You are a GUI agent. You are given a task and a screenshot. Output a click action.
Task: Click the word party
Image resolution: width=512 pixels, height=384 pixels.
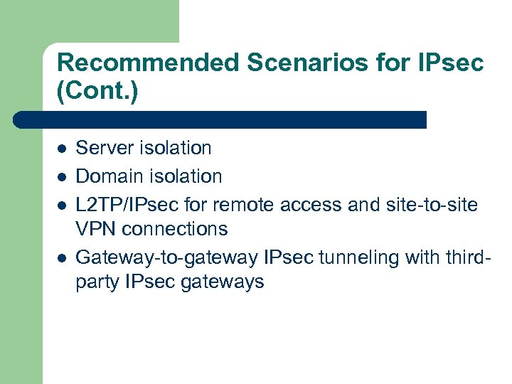[x=97, y=282]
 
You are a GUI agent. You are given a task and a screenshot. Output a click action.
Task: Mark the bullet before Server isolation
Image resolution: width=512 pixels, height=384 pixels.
[x=62, y=149]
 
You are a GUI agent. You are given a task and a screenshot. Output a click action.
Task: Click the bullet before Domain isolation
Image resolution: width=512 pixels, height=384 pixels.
[x=62, y=176]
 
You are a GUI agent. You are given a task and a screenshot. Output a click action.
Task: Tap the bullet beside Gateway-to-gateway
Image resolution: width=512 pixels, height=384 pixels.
[x=62, y=257]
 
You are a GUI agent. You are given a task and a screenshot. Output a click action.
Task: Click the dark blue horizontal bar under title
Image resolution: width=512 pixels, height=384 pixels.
[x=220, y=119]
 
